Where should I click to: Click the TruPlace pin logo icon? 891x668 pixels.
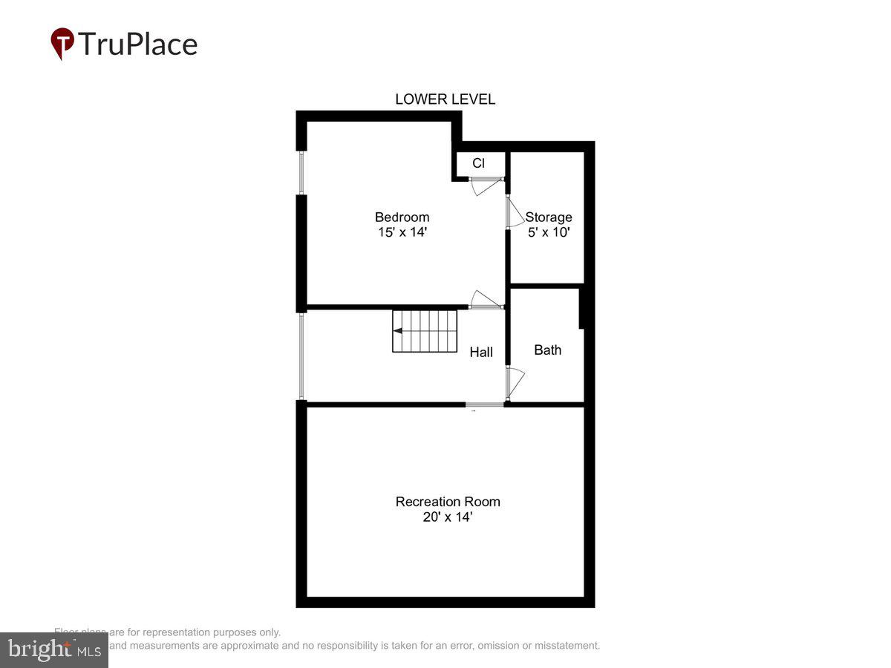(62, 43)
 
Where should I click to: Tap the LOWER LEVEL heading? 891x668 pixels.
(445, 99)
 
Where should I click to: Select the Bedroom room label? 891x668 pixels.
(402, 217)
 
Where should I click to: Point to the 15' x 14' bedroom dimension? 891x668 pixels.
(402, 232)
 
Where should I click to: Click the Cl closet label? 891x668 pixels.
(479, 163)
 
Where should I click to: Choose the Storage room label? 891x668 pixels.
(549, 217)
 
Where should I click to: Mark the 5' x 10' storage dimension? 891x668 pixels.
(549, 232)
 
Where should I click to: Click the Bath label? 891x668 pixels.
(548, 350)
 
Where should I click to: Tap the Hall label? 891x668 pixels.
(481, 353)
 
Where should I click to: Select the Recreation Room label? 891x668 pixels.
(448, 502)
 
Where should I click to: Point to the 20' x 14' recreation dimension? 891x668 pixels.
(448, 517)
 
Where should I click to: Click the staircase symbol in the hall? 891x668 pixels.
(425, 331)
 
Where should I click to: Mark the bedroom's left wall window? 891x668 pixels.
(301, 174)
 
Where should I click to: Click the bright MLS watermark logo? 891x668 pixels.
(53, 649)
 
